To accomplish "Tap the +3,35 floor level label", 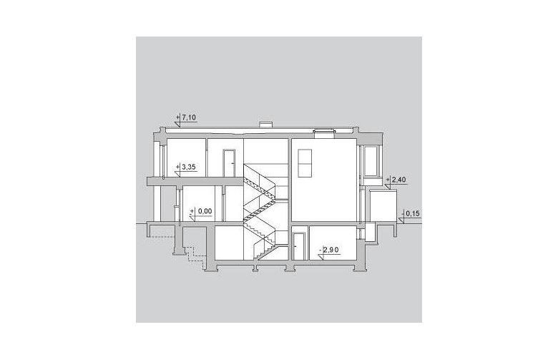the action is pyautogui.click(x=186, y=167).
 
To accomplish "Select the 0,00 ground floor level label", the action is pyautogui.click(x=202, y=211).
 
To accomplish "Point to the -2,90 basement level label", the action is pyautogui.click(x=329, y=250).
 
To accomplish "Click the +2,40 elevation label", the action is pyautogui.click(x=395, y=180).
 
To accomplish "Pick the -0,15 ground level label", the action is pyautogui.click(x=411, y=214).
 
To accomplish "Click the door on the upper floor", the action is pyautogui.click(x=228, y=163).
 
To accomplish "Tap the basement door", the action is pyautogui.click(x=298, y=246).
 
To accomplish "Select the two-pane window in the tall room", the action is pyautogui.click(x=305, y=162).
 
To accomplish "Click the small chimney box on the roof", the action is pyautogui.click(x=266, y=124).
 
